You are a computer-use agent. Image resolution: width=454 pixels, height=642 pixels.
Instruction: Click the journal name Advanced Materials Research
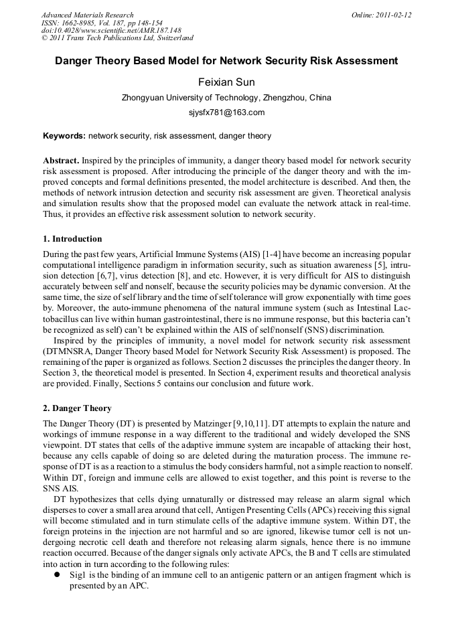(x=88, y=15)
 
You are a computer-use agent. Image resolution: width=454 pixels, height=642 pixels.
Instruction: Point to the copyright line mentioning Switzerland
(x=117, y=38)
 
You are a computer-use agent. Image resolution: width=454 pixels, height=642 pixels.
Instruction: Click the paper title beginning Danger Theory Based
(x=226, y=61)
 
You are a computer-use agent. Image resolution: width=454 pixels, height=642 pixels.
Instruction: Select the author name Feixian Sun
(x=226, y=82)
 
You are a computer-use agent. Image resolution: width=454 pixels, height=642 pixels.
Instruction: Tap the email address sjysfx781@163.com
(x=226, y=112)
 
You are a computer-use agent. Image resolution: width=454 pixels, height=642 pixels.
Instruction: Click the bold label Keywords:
(x=64, y=136)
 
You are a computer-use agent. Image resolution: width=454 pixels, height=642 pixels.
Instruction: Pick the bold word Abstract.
(x=62, y=161)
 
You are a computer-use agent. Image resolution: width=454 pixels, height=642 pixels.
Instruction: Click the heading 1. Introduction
(x=72, y=239)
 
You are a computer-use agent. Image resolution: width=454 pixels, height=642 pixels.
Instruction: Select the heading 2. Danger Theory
(x=77, y=408)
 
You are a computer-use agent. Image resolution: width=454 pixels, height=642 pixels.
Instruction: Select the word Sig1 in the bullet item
(x=78, y=575)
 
